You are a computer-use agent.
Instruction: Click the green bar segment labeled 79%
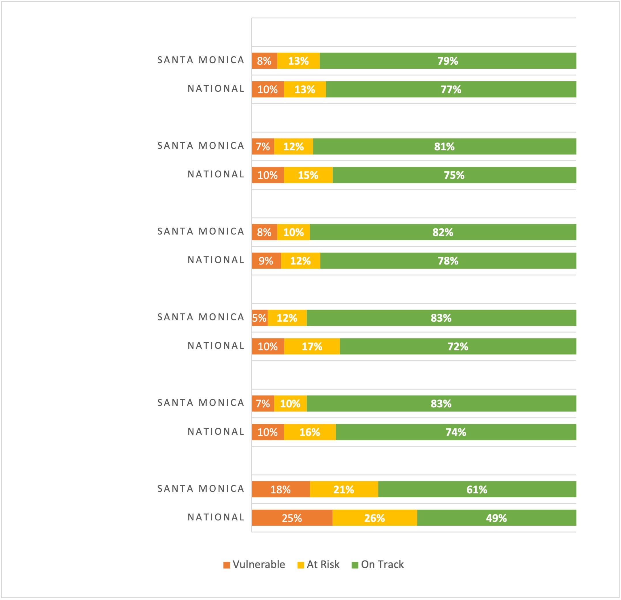coord(448,61)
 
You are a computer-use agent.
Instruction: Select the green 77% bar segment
coord(451,89)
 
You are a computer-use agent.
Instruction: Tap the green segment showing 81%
coord(444,147)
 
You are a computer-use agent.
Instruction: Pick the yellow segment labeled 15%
coord(308,175)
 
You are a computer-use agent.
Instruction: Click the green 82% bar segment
coord(443,232)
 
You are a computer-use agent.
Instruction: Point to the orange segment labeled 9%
coord(266,260)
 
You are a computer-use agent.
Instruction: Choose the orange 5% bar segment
coord(259,318)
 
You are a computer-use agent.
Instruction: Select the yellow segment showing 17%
coord(312,346)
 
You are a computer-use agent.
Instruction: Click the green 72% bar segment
coord(458,346)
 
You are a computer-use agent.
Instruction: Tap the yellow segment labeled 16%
coord(310,432)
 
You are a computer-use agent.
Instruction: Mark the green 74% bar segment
coord(456,432)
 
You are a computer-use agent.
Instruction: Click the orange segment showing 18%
coord(281,490)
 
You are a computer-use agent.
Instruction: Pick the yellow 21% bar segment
coord(343,490)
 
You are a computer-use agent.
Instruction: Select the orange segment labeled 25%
coord(292,518)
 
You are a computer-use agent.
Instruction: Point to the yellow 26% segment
coord(375,518)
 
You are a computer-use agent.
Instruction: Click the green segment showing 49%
coord(496,518)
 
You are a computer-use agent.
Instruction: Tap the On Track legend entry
coord(378,565)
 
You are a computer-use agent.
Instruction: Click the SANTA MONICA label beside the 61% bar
coord(201,488)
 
